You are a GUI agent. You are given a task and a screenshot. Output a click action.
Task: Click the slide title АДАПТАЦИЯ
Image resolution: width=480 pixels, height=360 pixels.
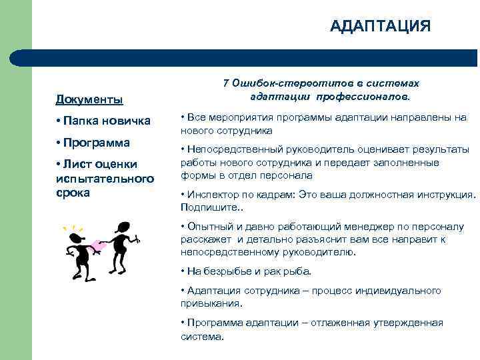pos(381,26)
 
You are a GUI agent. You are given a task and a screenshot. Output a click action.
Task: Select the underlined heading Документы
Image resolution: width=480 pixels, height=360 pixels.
pos(89,100)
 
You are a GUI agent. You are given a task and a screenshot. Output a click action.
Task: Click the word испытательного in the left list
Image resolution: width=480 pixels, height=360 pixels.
pos(105,179)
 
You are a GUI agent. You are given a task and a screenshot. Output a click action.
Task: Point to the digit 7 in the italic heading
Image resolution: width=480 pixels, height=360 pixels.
pos(226,83)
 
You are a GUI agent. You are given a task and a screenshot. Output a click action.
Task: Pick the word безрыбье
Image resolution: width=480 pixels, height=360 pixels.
pos(231,271)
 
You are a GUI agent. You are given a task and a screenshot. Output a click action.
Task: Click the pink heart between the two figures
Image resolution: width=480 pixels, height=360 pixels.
pos(99,246)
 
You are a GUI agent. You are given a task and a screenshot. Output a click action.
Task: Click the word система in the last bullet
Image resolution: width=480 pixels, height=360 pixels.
pos(201,336)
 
